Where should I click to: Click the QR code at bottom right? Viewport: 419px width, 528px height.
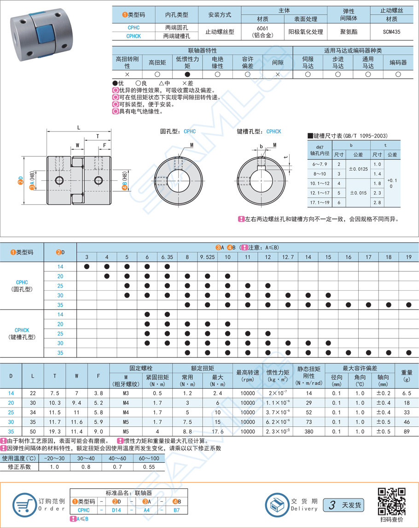[391, 501]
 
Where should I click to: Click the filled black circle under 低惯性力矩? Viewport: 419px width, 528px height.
[187, 74]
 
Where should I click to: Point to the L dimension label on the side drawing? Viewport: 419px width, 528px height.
[79, 127]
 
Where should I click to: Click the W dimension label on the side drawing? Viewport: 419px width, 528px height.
[77, 145]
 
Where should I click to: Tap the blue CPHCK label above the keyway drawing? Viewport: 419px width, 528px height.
[273, 132]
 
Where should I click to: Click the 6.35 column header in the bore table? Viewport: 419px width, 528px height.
[167, 257]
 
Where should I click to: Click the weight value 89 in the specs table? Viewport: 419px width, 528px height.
[407, 431]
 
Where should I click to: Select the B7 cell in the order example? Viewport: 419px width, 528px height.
[176, 510]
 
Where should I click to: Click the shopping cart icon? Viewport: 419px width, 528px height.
[25, 505]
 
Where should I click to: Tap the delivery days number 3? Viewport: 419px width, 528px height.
[331, 505]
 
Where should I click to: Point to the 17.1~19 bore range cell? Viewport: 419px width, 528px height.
[320, 202]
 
